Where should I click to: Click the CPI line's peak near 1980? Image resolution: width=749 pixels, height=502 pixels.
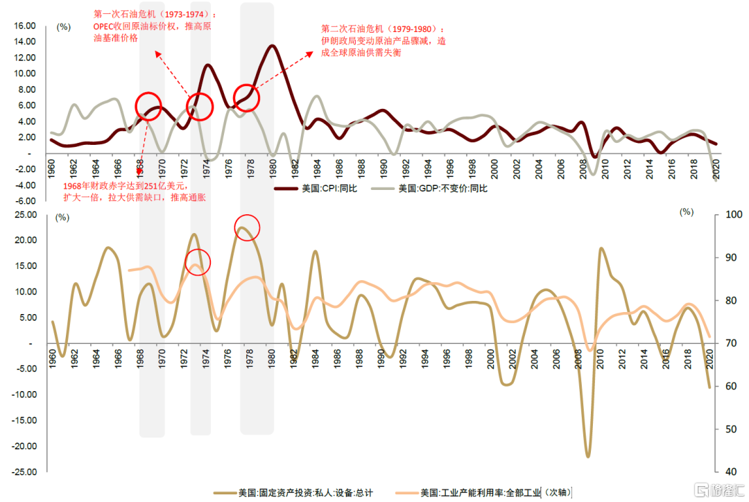[x=272, y=46]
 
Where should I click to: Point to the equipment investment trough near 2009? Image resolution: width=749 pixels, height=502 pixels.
[x=588, y=456]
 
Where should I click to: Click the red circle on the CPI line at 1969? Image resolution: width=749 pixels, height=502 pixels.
[x=153, y=106]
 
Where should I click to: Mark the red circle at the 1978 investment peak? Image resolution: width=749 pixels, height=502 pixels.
[x=247, y=227]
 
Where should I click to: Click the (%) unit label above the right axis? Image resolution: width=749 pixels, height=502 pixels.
[x=687, y=212]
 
